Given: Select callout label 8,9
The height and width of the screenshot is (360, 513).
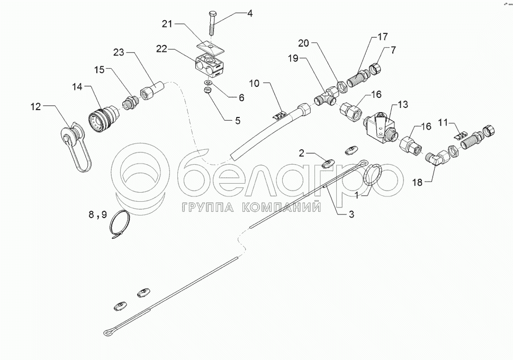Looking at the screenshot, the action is (x=97, y=214).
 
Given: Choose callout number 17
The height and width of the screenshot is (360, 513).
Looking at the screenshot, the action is (x=382, y=38).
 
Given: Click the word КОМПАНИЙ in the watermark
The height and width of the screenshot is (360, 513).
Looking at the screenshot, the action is (x=281, y=207).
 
